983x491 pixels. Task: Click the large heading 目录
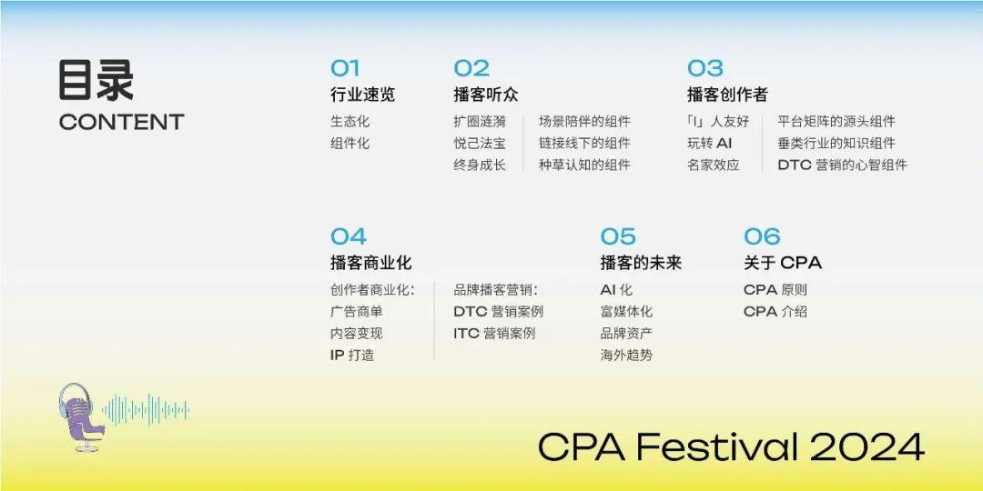tap(96, 80)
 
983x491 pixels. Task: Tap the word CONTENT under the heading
tap(121, 122)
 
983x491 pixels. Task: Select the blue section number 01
tap(345, 68)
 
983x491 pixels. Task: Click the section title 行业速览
tap(362, 95)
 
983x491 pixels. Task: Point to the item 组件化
tap(350, 144)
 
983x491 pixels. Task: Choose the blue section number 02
tap(471, 68)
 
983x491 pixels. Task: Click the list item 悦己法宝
tap(480, 144)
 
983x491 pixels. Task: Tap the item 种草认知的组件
tap(584, 165)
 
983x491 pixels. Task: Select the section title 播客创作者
tap(727, 95)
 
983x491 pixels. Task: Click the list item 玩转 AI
tap(709, 144)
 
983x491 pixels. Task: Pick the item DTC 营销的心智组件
tap(842, 165)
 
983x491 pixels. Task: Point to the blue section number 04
tap(349, 237)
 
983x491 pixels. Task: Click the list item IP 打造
tap(352, 356)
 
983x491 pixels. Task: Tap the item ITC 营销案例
tap(494, 334)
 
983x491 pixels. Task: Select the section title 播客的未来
tap(641, 263)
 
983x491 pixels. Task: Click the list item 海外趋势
tap(626, 356)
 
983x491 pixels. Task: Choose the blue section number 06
tap(762, 237)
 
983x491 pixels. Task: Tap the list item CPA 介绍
tap(775, 312)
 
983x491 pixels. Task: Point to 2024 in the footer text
tap(866, 446)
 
